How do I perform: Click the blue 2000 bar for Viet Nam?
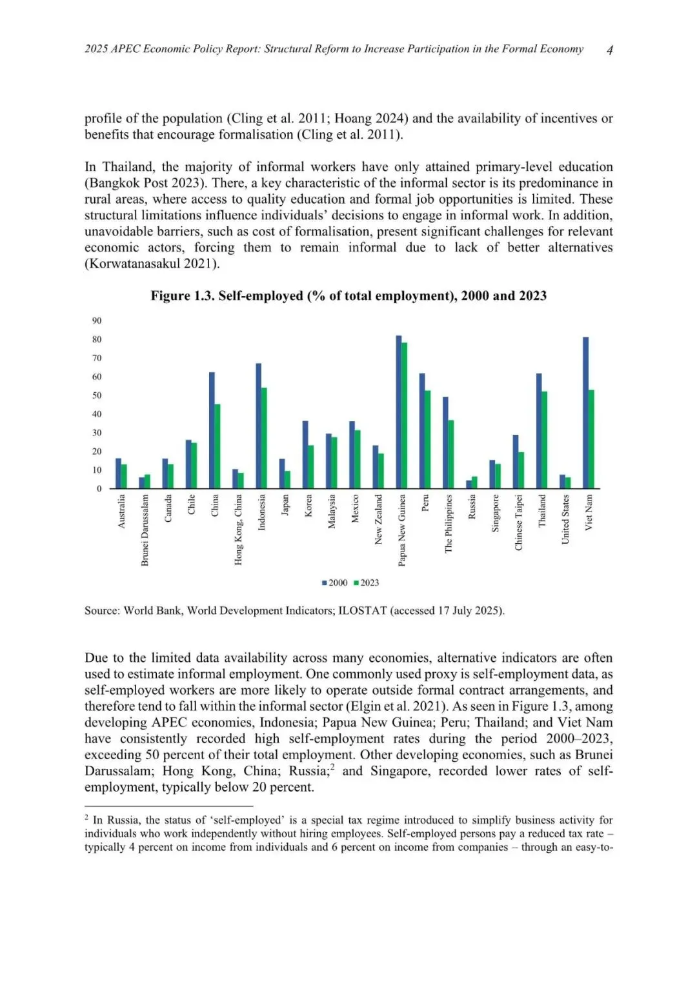tap(585, 413)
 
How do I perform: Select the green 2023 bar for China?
tap(217, 446)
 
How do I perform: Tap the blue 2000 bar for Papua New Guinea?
tap(399, 412)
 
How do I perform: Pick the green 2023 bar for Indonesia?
tap(264, 438)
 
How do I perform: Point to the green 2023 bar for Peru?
tap(428, 439)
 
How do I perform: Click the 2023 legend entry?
tap(367, 583)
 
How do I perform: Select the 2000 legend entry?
tap(335, 583)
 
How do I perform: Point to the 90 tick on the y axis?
tap(97, 321)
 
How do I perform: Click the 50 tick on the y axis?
tap(97, 395)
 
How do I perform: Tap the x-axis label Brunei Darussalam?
tap(145, 530)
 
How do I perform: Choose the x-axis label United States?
tap(565, 519)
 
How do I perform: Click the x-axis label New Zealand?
tap(379, 519)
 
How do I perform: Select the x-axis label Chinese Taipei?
tap(519, 522)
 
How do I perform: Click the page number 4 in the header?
tap(610, 50)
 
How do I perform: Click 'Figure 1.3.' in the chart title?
tap(183, 296)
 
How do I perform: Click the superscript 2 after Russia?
tap(332, 767)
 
